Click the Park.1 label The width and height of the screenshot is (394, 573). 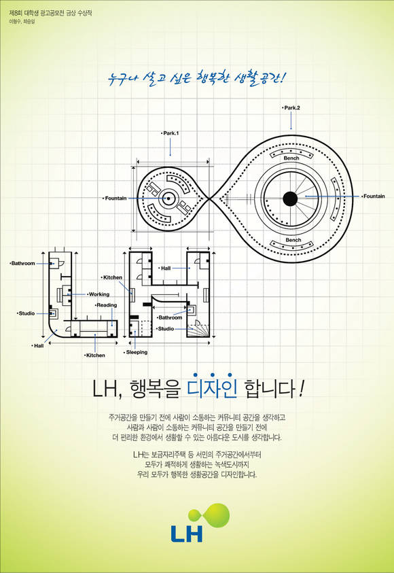tap(170, 133)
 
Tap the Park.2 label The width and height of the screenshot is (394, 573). tap(291, 108)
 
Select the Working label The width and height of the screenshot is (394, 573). tap(98, 294)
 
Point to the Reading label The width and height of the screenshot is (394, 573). tap(106, 305)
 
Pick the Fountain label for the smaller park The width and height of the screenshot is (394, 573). tap(115, 198)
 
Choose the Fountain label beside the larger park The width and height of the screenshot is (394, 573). tap(373, 196)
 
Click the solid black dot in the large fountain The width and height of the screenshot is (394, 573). tap(290, 198)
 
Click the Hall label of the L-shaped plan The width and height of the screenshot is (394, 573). tap(37, 346)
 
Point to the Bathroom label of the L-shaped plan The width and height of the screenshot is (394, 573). tap(22, 263)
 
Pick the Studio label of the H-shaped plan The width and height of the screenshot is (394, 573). tap(165, 328)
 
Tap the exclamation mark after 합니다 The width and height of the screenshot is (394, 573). tap(301, 390)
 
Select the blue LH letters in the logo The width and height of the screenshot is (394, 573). tap(187, 534)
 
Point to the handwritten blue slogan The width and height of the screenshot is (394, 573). tap(194, 77)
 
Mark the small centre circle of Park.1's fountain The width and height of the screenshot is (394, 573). tap(168, 198)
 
